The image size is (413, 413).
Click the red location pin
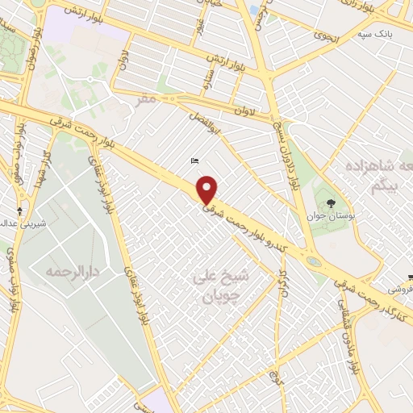208,190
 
